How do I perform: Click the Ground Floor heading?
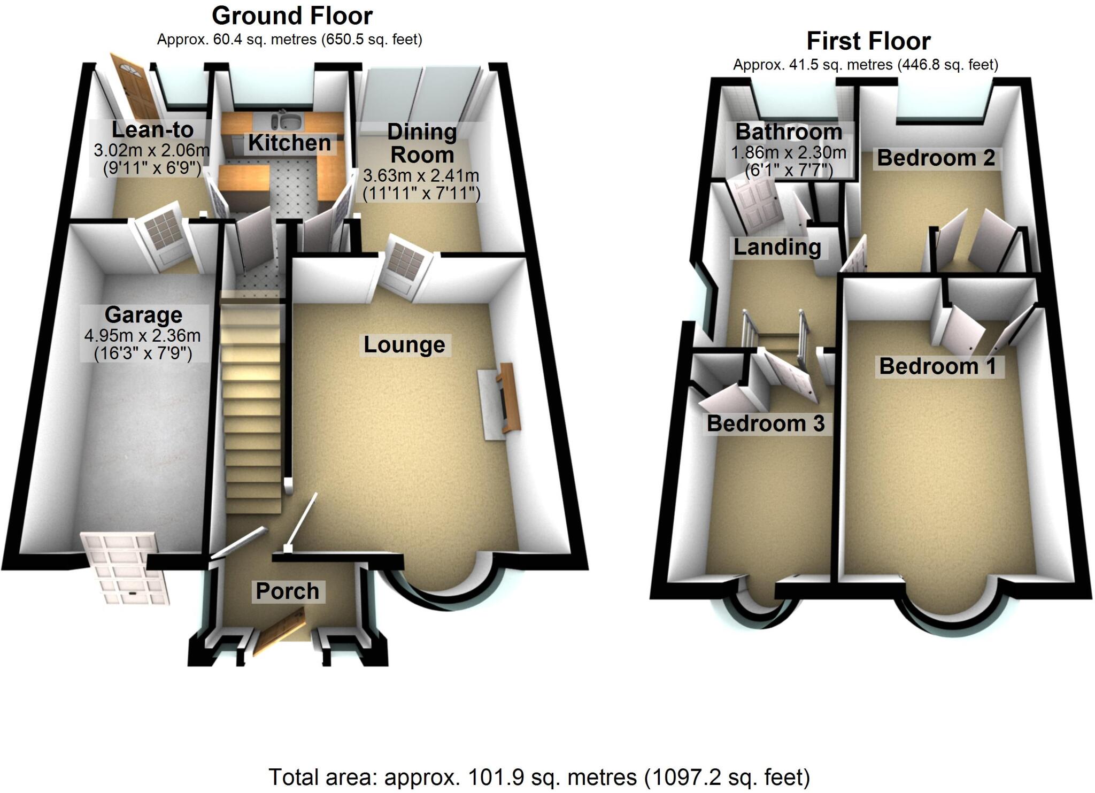tap(292, 16)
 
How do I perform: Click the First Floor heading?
tap(868, 41)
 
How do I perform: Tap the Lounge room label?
tap(404, 345)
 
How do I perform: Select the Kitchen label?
tap(289, 143)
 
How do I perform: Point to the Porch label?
tap(287, 591)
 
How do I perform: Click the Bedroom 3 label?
tap(766, 424)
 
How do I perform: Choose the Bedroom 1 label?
tap(938, 367)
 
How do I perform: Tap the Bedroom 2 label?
tap(936, 158)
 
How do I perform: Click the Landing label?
tap(777, 247)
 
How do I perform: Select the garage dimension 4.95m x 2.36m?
tap(143, 336)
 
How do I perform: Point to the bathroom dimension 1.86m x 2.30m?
tap(789, 153)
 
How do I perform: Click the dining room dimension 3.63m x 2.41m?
tap(421, 175)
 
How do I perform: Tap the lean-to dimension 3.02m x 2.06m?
tap(152, 150)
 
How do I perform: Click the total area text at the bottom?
tap(539, 777)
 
